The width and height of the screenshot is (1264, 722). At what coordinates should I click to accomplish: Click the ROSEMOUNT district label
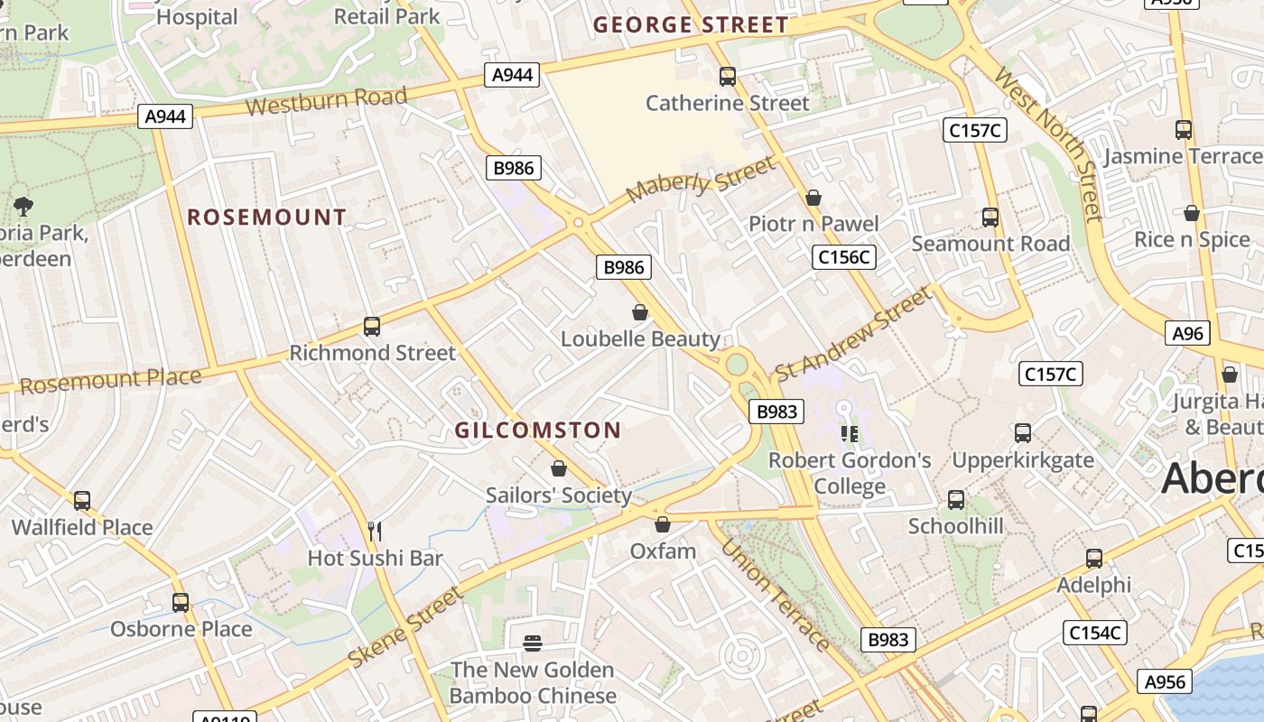266,217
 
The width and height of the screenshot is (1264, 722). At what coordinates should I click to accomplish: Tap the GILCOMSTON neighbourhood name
538,430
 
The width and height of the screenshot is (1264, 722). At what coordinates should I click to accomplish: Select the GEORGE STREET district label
691,25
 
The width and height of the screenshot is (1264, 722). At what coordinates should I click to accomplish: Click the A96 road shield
1188,334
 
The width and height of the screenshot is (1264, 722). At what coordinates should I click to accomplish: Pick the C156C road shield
844,257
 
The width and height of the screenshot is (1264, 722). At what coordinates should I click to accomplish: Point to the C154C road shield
1095,633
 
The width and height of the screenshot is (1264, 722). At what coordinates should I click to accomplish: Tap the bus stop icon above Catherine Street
727,77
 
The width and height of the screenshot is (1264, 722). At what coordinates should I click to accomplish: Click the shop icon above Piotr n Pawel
813,198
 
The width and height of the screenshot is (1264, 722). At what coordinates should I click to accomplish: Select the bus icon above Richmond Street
372,327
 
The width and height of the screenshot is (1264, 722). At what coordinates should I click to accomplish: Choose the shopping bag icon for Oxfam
663,524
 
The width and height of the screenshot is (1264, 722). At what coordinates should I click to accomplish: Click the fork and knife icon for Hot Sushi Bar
376,531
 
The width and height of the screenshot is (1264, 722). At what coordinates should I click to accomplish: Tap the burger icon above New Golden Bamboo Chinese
533,643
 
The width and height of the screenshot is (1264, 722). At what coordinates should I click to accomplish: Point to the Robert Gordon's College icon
849,434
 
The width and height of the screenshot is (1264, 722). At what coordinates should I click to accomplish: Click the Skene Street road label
406,627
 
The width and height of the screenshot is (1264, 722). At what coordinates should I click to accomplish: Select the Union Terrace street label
775,595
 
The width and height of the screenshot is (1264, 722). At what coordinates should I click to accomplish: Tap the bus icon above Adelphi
1094,559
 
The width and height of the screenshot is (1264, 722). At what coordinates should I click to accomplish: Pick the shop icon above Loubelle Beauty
640,312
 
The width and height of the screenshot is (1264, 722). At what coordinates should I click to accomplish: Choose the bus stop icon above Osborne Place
181,602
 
